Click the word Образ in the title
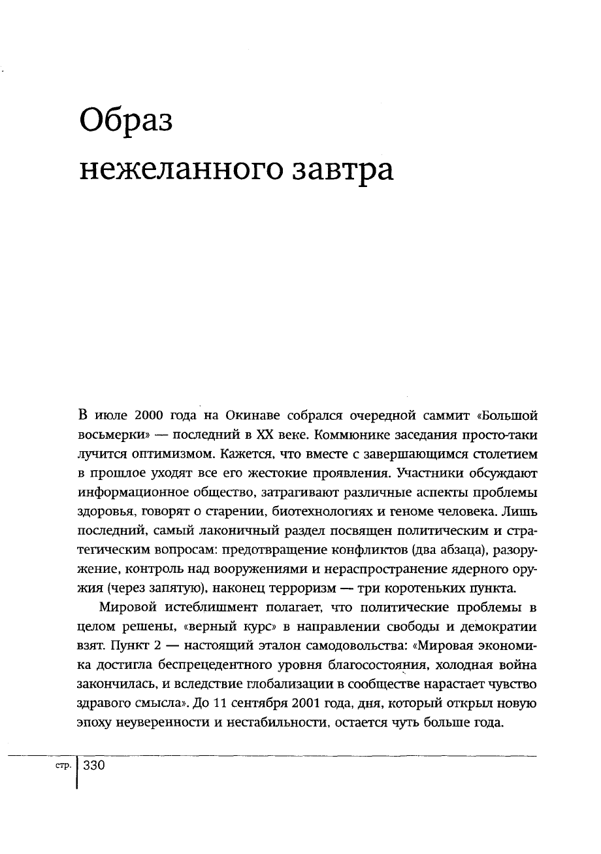coord(125,121)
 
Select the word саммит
coord(413,416)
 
